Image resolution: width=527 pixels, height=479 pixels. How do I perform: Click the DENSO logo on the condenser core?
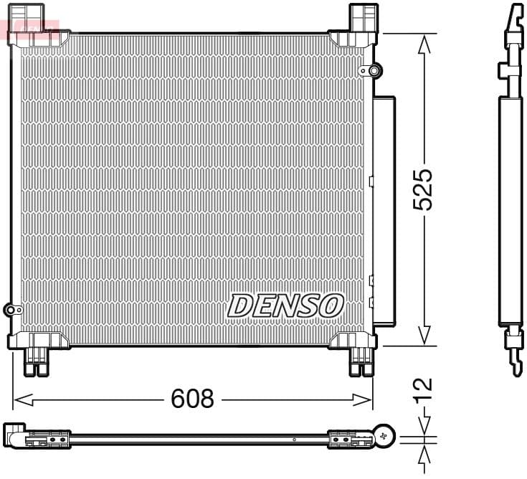[x=285, y=305]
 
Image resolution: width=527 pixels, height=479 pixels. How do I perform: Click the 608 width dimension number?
[x=192, y=399]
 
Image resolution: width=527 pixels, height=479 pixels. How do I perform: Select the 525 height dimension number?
[x=424, y=189]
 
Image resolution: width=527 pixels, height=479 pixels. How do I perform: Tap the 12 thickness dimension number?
[x=424, y=387]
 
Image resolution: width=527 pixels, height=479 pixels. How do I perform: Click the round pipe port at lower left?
[x=11, y=310]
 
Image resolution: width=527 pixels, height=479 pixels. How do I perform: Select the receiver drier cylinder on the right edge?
[x=384, y=212]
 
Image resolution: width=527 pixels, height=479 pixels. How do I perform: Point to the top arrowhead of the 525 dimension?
[x=424, y=43]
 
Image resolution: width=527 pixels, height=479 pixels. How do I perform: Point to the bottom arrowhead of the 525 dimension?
[x=424, y=336]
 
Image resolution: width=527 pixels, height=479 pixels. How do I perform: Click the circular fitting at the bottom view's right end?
[x=385, y=435]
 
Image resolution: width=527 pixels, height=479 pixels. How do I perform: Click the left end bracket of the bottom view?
[x=14, y=435]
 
